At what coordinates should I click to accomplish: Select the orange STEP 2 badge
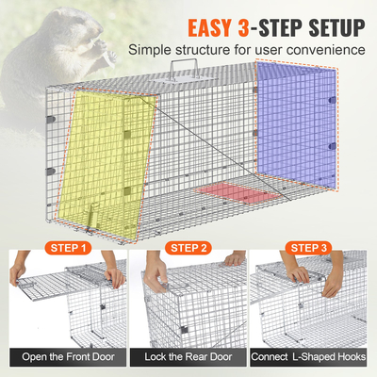point(188,249)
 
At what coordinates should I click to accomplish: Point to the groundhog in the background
point(38,38)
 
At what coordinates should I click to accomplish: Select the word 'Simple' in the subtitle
point(152,49)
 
